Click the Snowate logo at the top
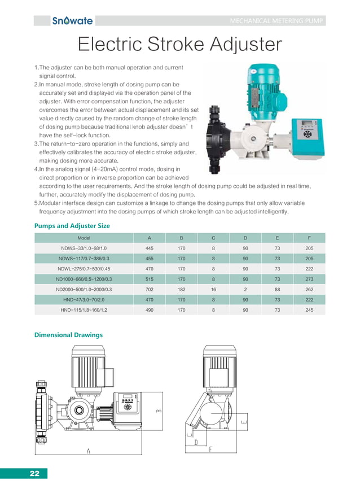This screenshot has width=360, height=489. point(72,21)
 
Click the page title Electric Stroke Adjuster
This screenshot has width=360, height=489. point(179,45)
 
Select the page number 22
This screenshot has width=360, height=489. point(34,474)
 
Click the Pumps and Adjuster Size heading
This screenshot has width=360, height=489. point(72,226)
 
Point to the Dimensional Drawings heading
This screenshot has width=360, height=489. point(69,335)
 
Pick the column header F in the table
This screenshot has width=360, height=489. point(309,238)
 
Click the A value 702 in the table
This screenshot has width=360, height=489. point(150,289)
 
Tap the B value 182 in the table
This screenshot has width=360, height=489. point(181,289)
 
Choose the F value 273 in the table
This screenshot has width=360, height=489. point(309,279)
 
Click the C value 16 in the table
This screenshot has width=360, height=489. point(213,289)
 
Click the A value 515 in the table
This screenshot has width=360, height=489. point(150,279)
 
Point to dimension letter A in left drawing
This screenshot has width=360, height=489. point(89,451)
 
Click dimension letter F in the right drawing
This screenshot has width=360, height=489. point(210,449)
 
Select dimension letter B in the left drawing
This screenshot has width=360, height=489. point(159,411)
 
